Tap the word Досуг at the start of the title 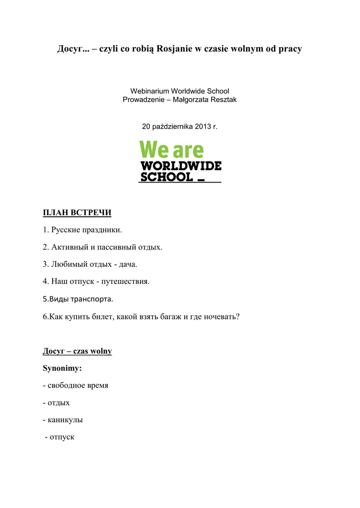coord(72,49)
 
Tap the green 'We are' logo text coord(171,149)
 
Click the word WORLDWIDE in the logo coord(181,166)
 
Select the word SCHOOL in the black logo coord(166,177)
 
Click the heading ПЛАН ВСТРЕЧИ coord(77,213)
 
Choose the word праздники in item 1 coord(104,230)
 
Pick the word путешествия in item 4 coord(125,281)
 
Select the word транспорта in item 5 coord(92,299)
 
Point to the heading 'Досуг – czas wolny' coord(77,351)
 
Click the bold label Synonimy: coord(62,369)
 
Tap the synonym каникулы coord(65,420)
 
